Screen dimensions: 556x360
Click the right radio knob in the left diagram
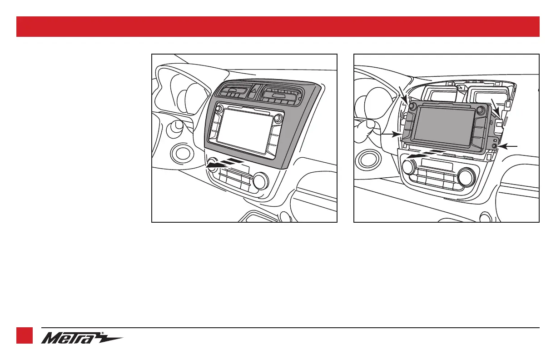click(278, 118)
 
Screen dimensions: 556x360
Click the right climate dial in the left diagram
click(261, 180)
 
